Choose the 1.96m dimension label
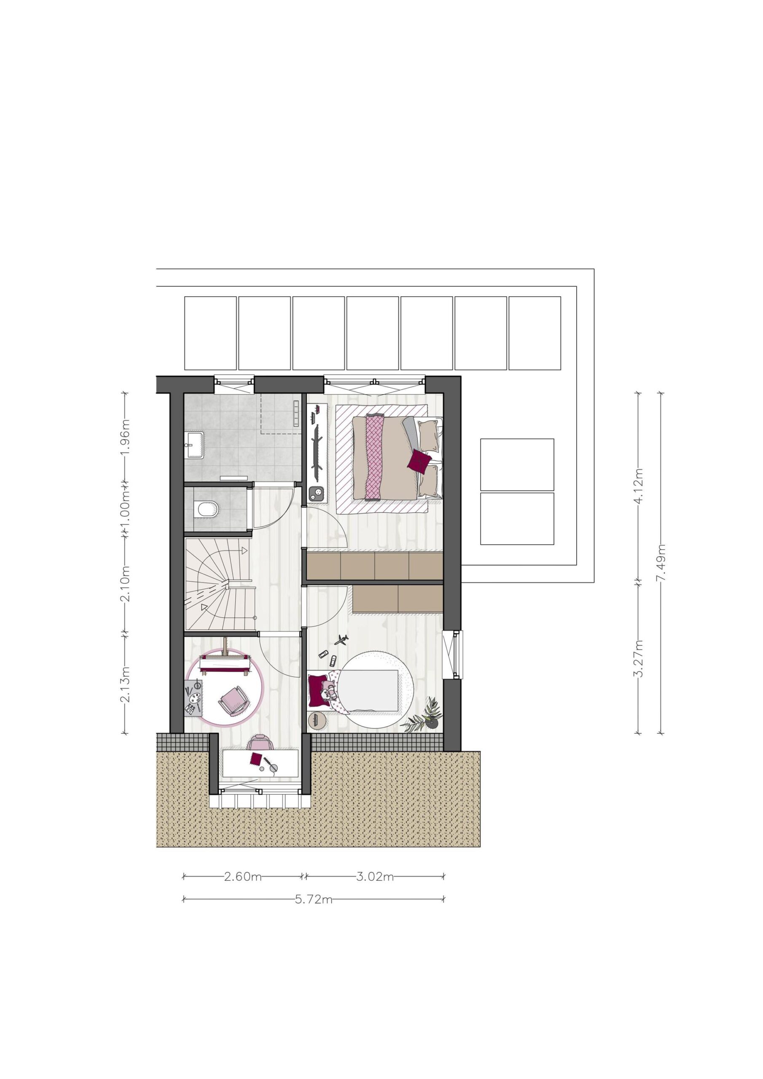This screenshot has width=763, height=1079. coord(125,437)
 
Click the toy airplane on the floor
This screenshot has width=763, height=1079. coord(341,639)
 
